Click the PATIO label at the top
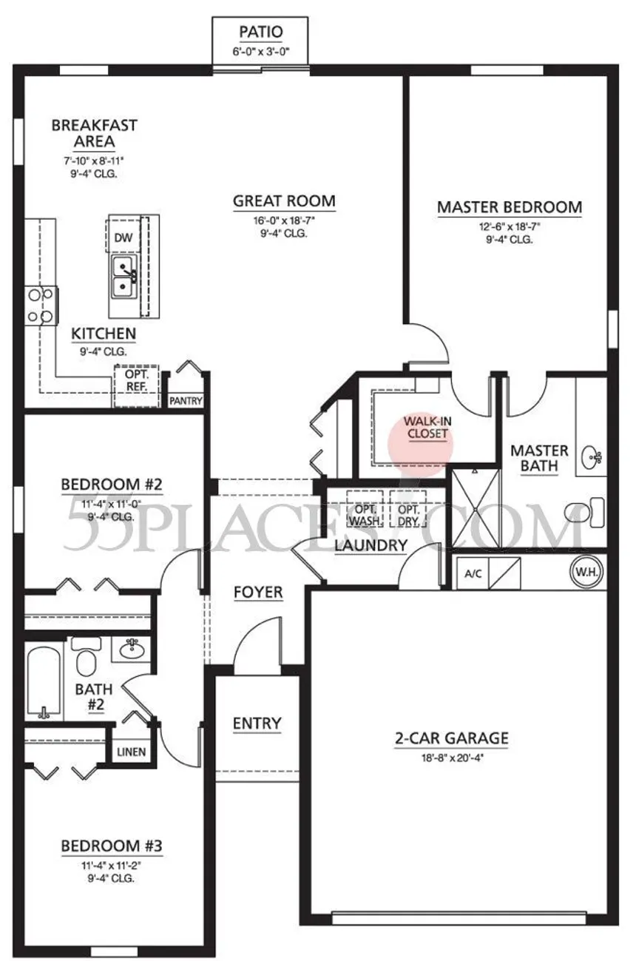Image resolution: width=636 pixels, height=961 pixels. (x=261, y=32)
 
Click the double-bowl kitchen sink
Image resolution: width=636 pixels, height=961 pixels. (x=124, y=277)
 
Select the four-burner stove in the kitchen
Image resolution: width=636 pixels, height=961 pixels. (x=41, y=306)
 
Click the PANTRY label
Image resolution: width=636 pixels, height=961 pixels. (x=186, y=401)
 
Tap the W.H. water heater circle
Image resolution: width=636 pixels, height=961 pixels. (x=586, y=572)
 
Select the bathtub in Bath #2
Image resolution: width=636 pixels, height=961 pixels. (x=44, y=683)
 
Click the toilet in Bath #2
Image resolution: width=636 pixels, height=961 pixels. (x=87, y=656)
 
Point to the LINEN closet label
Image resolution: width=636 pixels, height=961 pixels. (x=131, y=752)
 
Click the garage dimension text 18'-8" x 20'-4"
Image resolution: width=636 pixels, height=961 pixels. (x=452, y=758)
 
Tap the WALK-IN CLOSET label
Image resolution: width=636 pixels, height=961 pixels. (x=427, y=428)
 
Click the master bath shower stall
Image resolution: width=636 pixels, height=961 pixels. (x=476, y=508)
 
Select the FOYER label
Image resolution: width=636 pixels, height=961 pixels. (x=258, y=592)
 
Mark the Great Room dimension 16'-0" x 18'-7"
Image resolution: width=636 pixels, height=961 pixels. (x=284, y=220)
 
